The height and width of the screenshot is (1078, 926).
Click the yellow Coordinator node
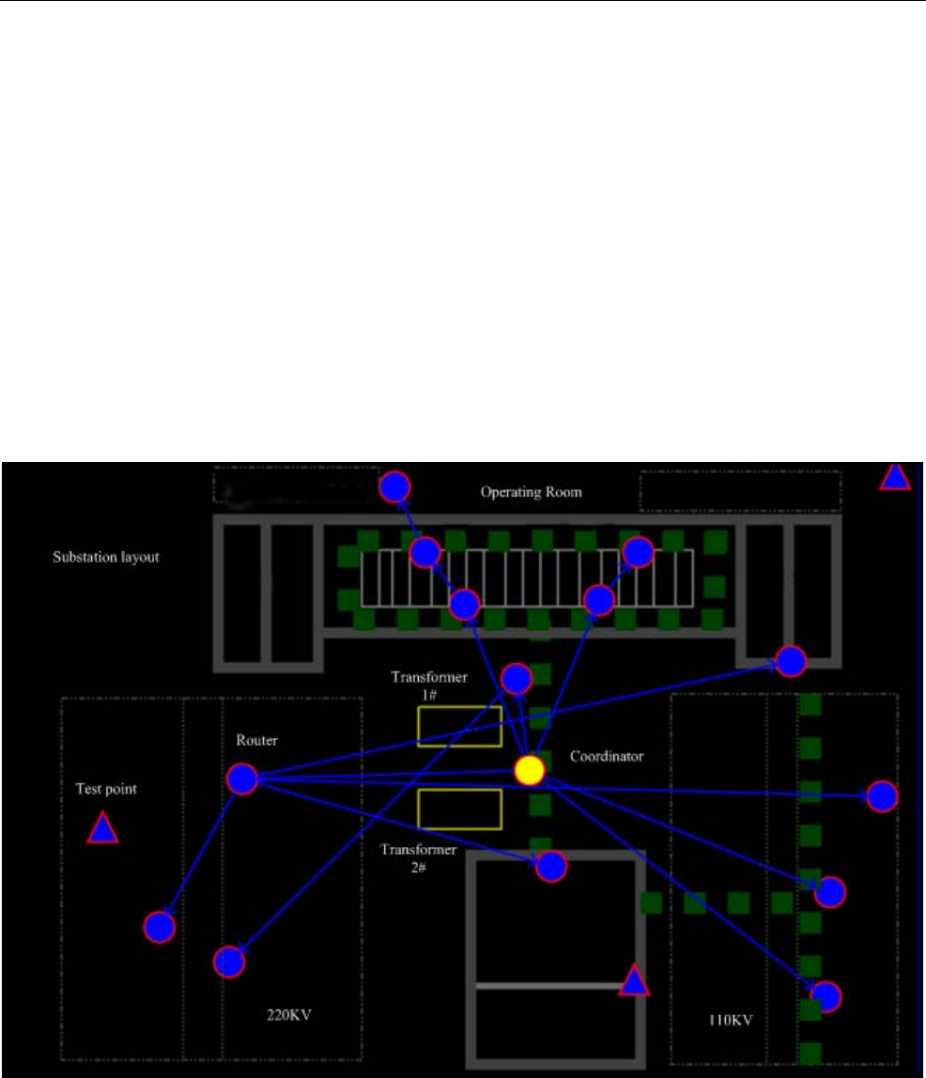point(530,769)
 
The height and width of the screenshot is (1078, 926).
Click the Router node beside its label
point(242,778)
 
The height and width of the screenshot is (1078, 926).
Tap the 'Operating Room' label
point(532,491)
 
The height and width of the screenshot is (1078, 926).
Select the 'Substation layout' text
point(105,557)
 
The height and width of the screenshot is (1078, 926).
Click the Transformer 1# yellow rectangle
point(459,726)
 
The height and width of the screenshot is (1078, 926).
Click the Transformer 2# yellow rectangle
point(459,808)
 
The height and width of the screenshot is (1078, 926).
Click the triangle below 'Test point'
point(102,829)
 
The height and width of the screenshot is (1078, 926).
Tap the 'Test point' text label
point(106,790)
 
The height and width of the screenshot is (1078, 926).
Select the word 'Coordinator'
point(606,755)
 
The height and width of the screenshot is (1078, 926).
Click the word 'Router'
point(256,741)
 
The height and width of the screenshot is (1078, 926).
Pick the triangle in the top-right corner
point(895,478)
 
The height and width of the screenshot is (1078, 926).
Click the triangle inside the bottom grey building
point(635,981)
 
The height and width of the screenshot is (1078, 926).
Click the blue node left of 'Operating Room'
point(395,486)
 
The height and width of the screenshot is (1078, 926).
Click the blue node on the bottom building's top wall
point(551,866)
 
